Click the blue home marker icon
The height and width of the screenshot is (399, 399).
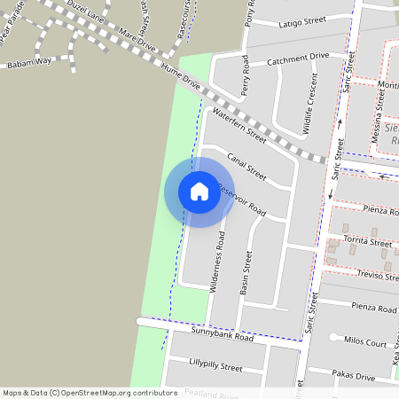199,192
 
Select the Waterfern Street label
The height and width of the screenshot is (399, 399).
239,126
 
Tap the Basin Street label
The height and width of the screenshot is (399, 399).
246,272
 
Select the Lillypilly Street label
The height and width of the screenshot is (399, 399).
215,365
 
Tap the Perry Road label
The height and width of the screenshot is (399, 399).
246,75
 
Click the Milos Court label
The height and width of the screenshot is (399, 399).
364,342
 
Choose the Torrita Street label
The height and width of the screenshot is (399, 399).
368,242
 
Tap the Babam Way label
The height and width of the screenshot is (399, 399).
29,65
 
